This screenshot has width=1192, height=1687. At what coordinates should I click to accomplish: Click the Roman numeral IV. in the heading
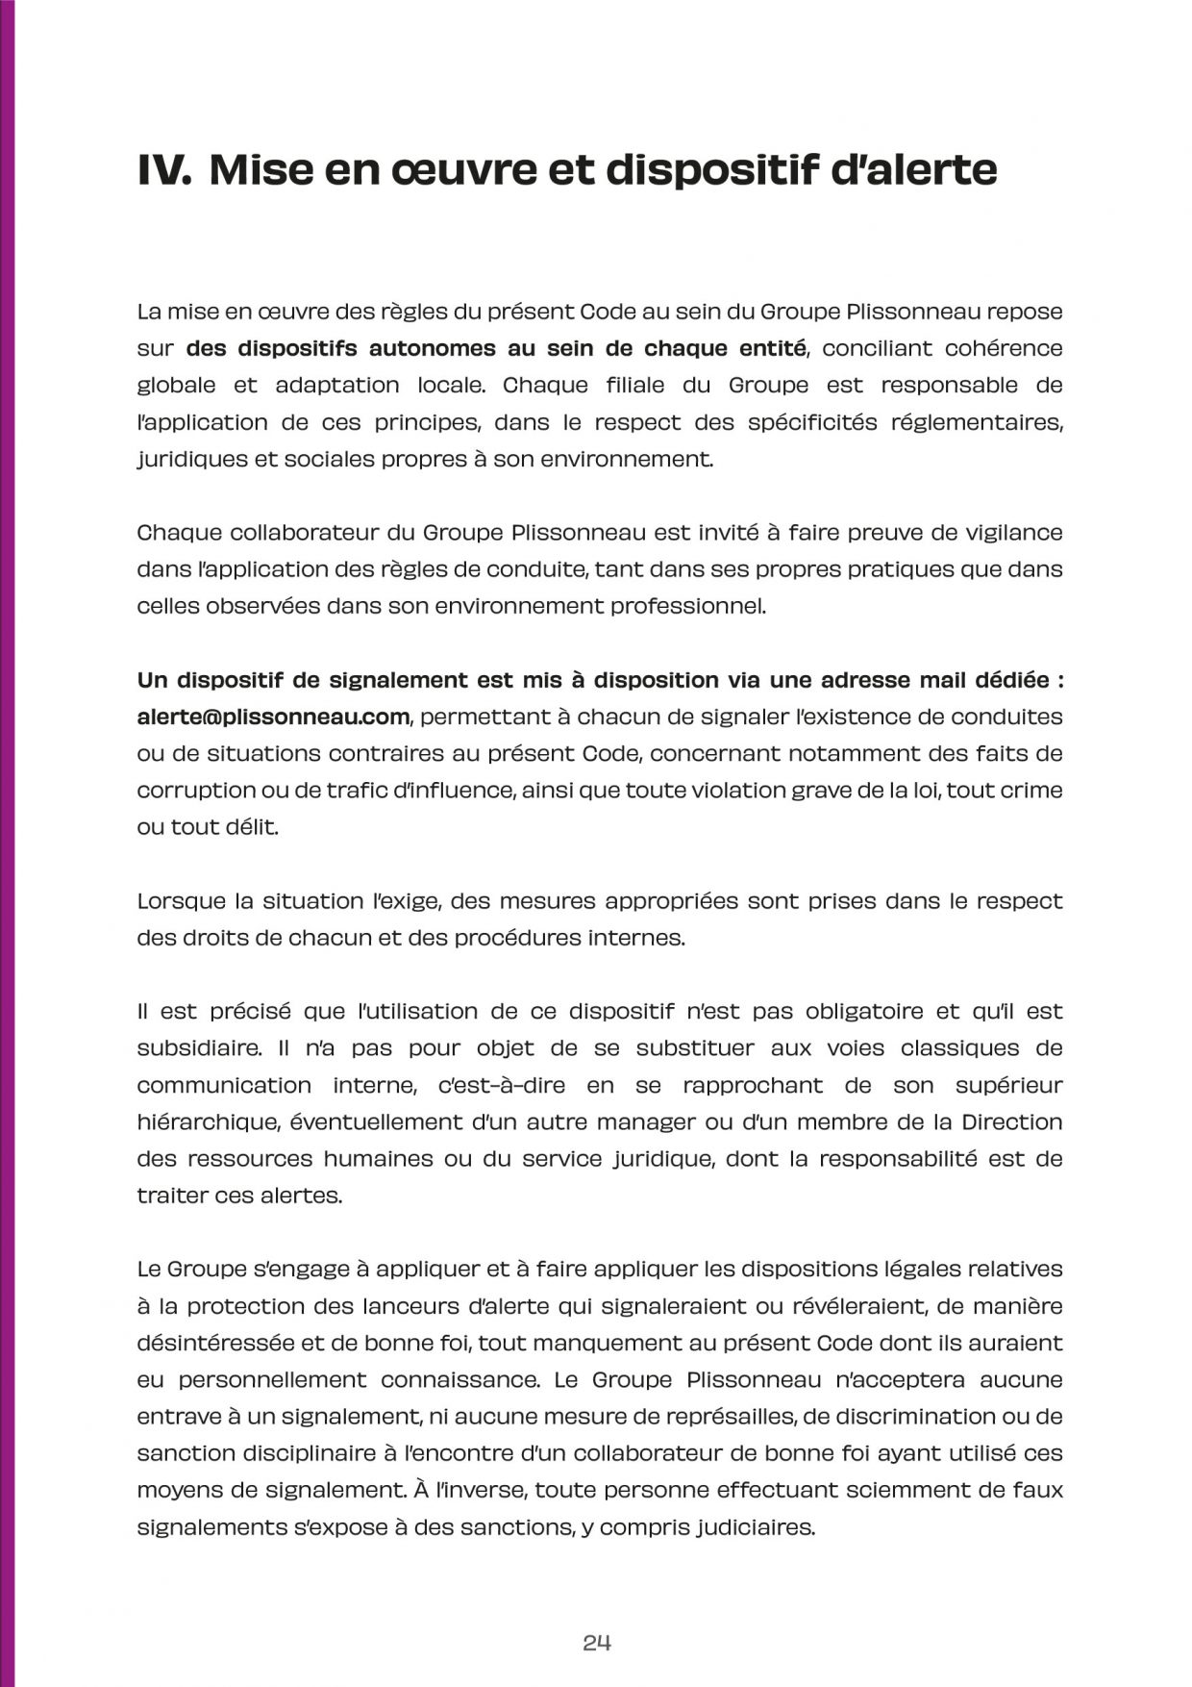[167, 170]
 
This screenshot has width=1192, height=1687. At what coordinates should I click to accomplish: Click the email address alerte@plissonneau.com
[274, 717]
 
